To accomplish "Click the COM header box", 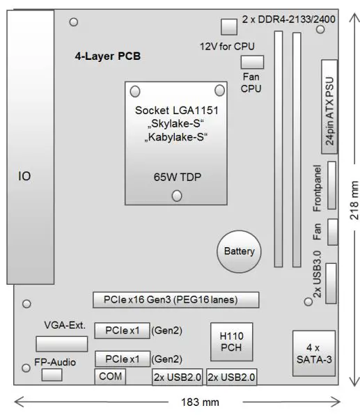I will coord(111,377).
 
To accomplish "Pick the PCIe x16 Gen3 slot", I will coord(175,301).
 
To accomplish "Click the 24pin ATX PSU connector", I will coord(332,107).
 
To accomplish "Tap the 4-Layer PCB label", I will coord(108,56).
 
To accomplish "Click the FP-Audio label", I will coord(55,362).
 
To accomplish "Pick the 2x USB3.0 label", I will coord(318,277).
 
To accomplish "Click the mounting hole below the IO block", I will coord(26,304).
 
